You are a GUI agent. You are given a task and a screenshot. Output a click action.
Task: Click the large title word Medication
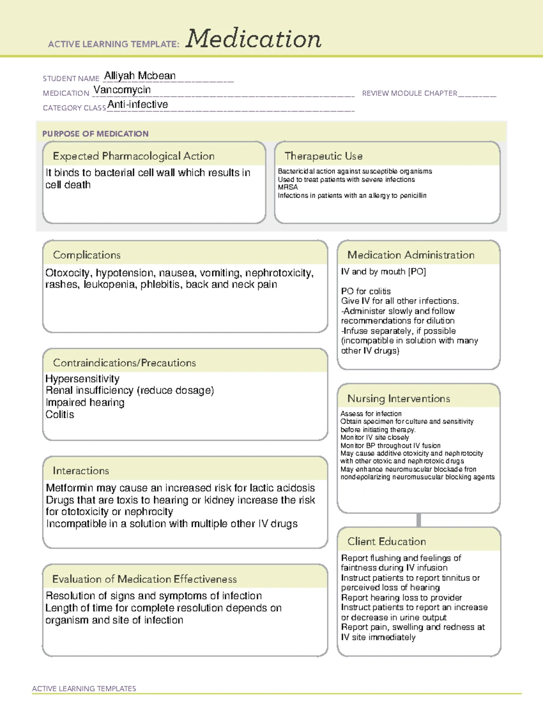253,39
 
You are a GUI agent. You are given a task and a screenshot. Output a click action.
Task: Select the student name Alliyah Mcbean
140,76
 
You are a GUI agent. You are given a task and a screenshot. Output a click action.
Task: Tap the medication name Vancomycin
122,90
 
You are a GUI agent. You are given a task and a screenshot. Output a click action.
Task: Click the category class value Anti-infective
138,104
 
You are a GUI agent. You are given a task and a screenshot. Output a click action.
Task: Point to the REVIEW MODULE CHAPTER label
410,93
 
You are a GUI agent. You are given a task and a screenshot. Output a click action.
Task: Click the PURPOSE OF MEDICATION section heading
95,134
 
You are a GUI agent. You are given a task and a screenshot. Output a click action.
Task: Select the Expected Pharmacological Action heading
133,156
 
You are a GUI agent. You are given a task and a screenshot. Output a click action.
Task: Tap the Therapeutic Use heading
324,156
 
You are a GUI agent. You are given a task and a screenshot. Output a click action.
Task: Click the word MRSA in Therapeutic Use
288,187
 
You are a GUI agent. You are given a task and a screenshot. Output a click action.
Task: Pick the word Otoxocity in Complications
67,273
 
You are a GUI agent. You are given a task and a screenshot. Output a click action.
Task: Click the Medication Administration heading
411,255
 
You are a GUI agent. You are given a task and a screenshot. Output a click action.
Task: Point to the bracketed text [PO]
417,272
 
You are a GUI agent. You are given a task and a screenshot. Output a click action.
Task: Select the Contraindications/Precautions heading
124,363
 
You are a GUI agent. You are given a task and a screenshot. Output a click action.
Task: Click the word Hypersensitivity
82,379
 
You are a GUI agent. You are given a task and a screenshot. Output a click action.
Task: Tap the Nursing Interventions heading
399,399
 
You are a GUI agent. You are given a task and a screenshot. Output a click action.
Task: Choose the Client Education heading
386,542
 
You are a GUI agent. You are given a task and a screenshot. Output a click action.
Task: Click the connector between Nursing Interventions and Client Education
419,520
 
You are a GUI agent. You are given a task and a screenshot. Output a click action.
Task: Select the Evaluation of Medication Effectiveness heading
144,579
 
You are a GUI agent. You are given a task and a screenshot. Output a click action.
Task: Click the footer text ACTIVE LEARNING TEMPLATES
84,688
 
